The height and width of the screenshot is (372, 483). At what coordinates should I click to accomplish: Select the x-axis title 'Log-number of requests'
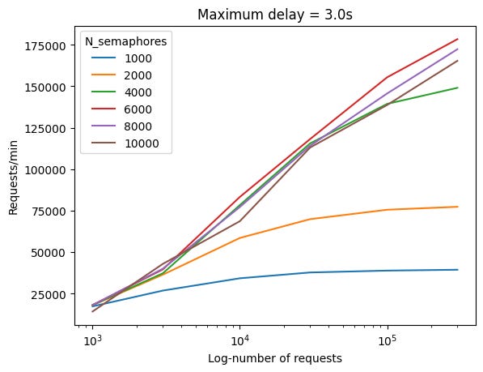(x=274, y=358)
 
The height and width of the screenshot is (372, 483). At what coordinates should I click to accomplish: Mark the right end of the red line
(x=458, y=39)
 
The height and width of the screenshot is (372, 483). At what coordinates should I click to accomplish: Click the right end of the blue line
(x=458, y=270)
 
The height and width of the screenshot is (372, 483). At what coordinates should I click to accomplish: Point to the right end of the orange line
(x=458, y=207)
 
